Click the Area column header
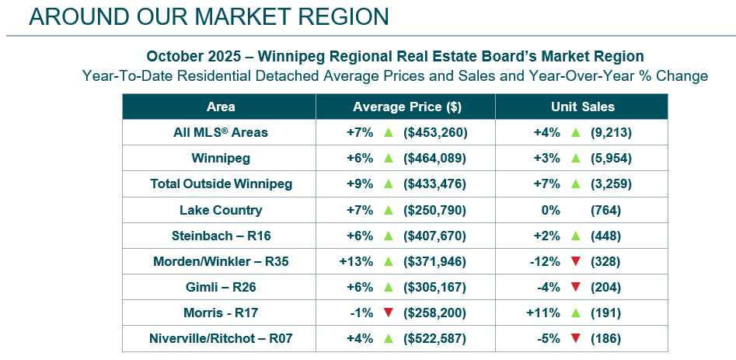(x=221, y=107)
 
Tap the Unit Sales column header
(x=582, y=107)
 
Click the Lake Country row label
(x=221, y=210)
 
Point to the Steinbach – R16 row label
(x=221, y=236)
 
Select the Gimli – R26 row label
(x=221, y=288)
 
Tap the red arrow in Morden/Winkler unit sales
(x=575, y=262)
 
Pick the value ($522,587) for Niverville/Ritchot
(x=435, y=339)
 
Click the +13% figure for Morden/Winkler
(x=357, y=262)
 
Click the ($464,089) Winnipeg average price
(x=435, y=158)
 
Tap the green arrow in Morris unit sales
(x=575, y=313)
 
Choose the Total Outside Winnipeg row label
(x=221, y=184)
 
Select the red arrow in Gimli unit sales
(x=575, y=288)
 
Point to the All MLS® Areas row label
(x=221, y=132)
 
